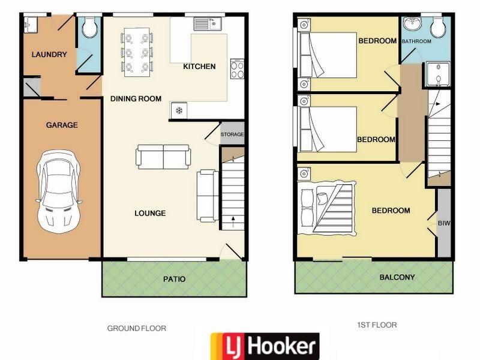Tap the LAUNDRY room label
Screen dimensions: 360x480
[49, 55]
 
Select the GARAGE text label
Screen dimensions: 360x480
[62, 125]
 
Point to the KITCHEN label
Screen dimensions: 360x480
[199, 67]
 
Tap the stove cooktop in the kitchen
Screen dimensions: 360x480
[237, 68]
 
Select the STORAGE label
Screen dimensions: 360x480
[232, 134]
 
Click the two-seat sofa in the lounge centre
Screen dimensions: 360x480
[163, 157]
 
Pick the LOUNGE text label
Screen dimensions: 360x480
[150, 213]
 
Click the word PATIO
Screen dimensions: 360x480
[175, 279]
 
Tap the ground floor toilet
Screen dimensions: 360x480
[89, 27]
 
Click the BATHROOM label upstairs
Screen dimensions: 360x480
[416, 41]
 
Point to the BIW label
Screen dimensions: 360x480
[444, 223]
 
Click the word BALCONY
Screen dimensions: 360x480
[397, 277]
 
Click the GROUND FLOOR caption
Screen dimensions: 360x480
[136, 328]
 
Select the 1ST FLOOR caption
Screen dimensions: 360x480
[377, 325]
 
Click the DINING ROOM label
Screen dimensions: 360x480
[136, 98]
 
